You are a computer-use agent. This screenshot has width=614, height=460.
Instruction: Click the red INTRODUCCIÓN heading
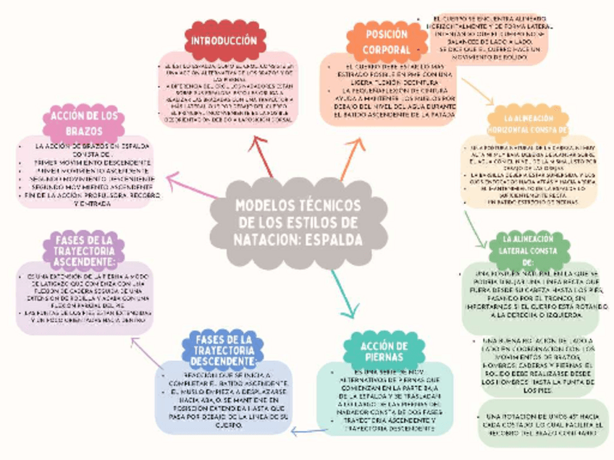click(224, 41)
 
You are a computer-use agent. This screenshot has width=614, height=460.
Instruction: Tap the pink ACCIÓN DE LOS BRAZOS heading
click(83, 123)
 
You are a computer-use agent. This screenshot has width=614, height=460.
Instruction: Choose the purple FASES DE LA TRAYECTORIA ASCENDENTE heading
click(85, 250)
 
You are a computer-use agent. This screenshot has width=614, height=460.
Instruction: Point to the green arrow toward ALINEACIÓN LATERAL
click(475, 228)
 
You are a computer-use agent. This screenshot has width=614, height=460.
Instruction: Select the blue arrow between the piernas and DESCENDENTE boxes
click(308, 432)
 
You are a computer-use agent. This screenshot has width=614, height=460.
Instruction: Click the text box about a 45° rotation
click(542, 422)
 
